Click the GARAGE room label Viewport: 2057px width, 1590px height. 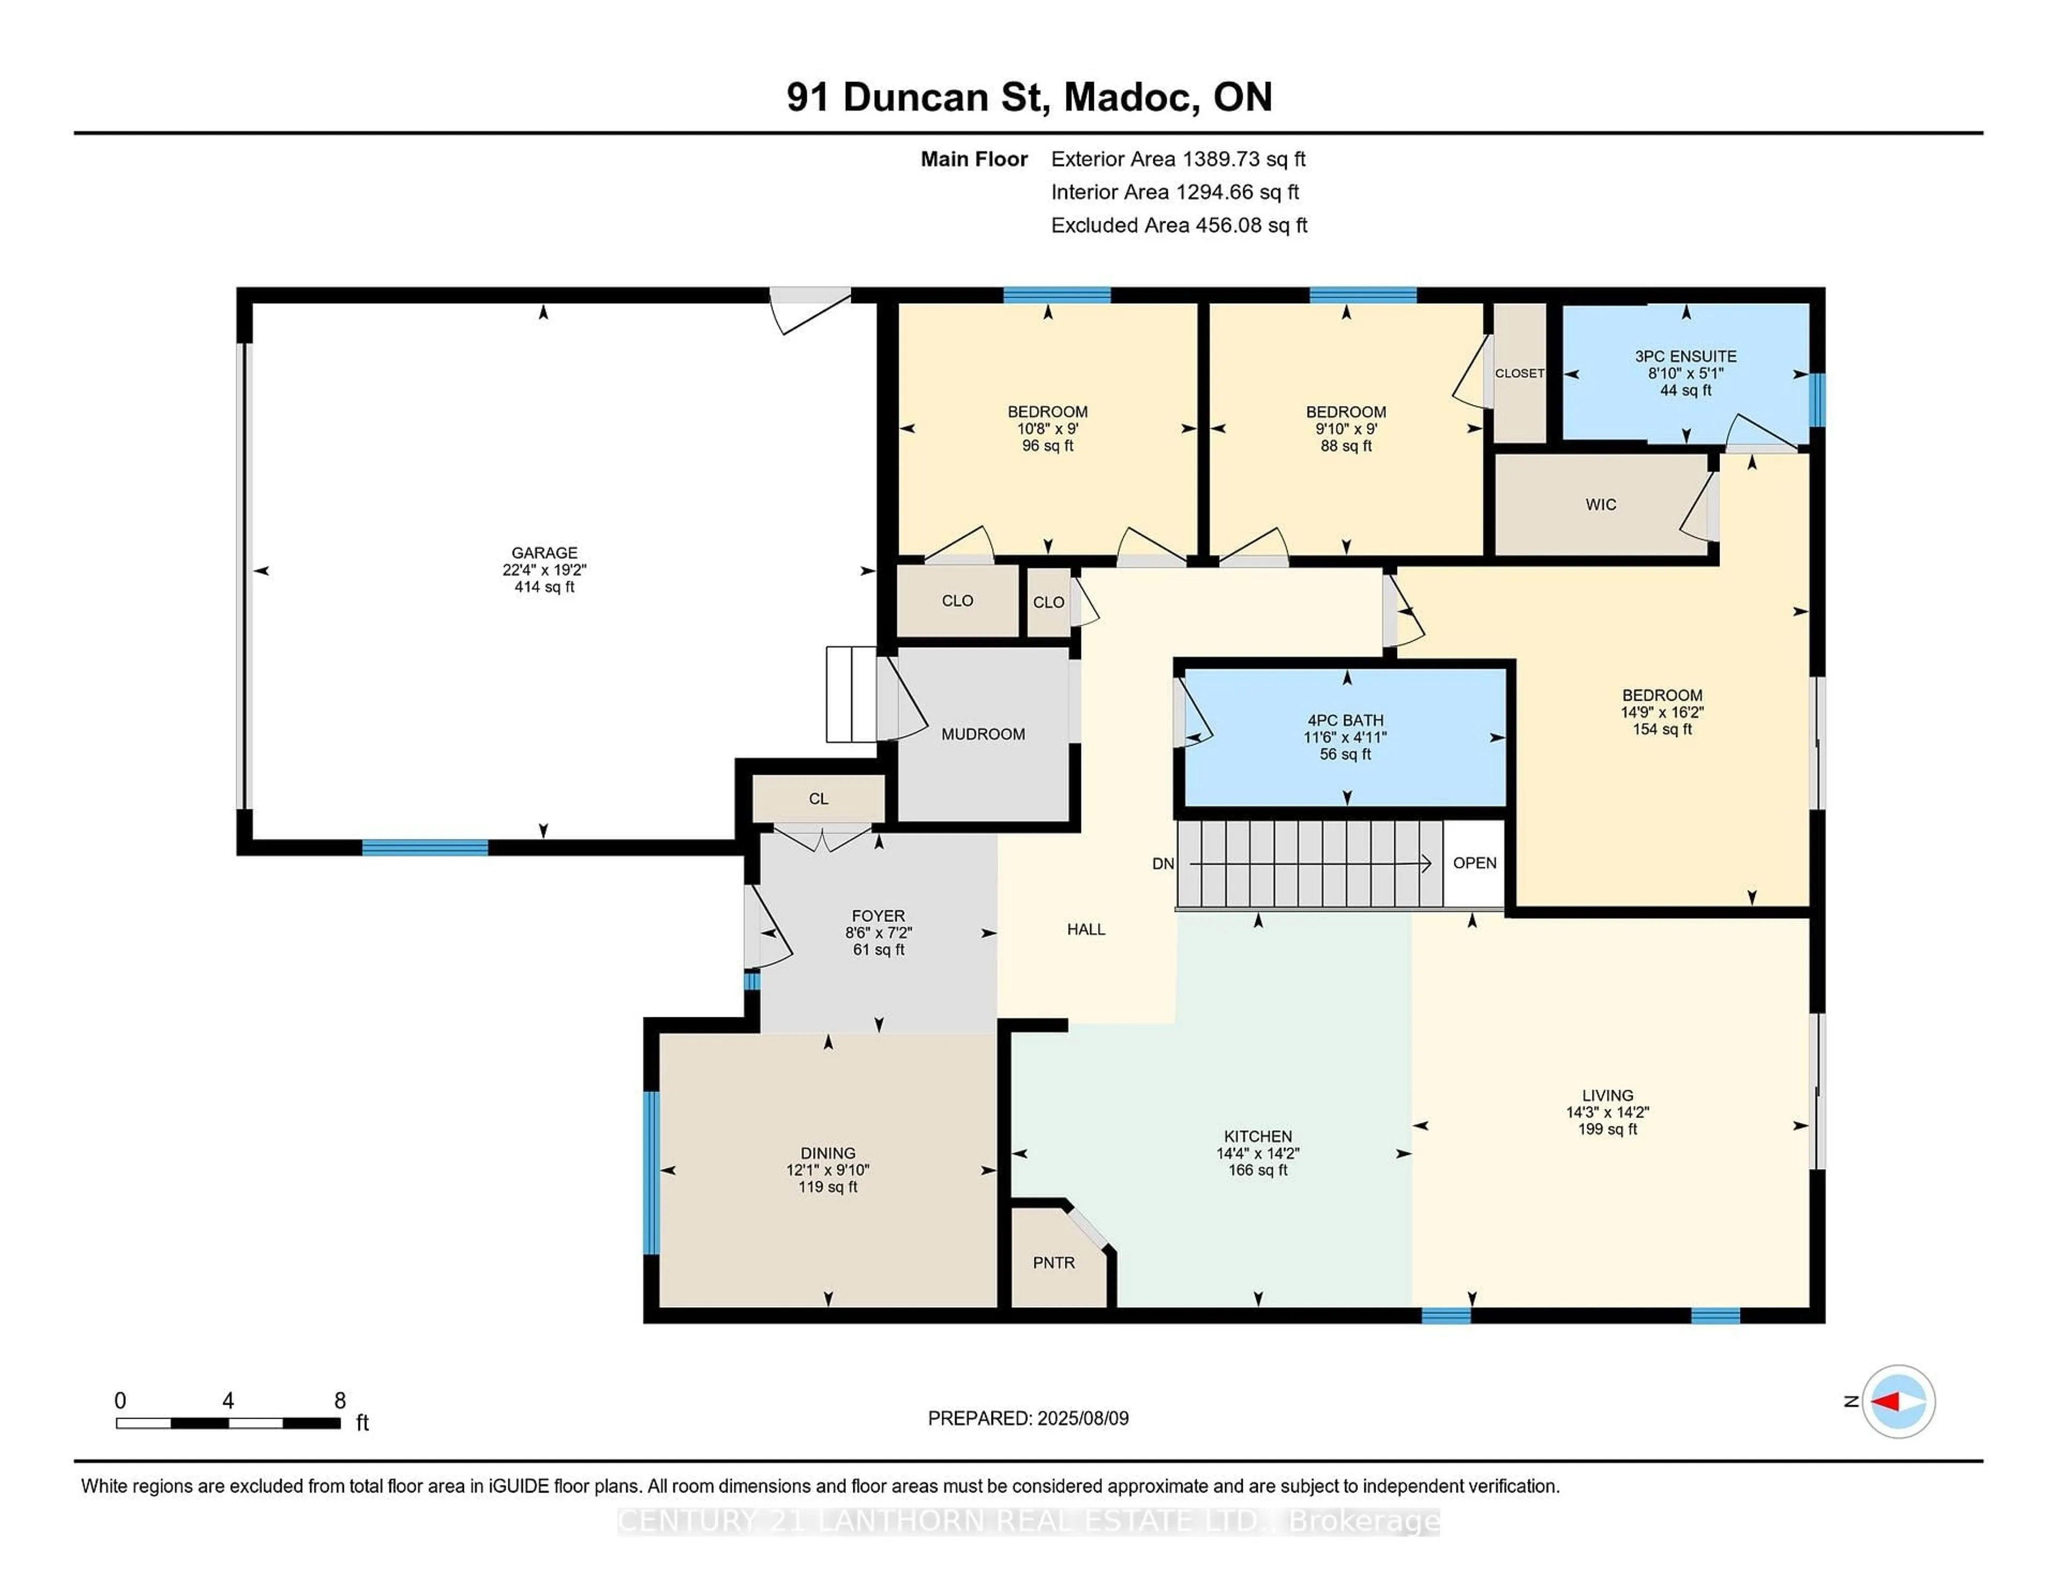(544, 553)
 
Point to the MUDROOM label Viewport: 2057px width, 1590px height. (982, 734)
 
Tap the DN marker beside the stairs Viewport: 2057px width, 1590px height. (1162, 864)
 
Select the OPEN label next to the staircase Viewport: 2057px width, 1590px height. (1474, 863)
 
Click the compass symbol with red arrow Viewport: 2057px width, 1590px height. (1898, 1401)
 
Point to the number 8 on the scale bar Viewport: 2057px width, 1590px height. (340, 1401)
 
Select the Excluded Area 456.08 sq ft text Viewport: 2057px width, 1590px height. (1178, 225)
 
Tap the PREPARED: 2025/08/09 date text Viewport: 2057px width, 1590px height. (1027, 1417)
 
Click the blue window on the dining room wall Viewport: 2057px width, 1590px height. (651, 1173)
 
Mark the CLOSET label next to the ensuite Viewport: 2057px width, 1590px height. (1519, 373)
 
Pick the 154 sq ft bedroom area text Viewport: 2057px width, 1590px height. (1662, 729)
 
